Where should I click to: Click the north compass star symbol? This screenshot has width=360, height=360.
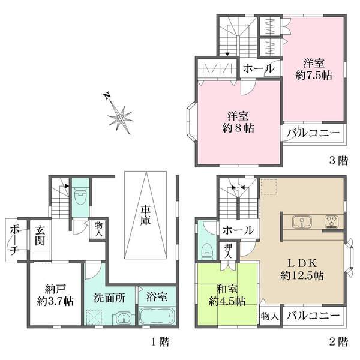[121, 117]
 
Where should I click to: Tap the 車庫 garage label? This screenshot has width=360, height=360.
[146, 215]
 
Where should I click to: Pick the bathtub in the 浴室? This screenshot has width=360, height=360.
[156, 316]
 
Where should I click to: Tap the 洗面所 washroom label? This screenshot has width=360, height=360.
[110, 296]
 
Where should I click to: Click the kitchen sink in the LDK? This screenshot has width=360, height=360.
[301, 222]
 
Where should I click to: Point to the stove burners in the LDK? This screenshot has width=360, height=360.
[331, 222]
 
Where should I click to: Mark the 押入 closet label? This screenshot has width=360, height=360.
[229, 250]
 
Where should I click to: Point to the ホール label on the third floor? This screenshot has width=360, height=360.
[259, 69]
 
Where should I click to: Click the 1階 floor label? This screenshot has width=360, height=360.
[158, 343]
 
